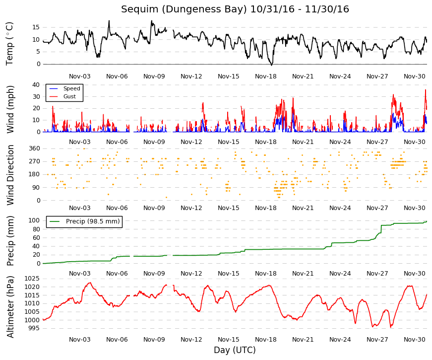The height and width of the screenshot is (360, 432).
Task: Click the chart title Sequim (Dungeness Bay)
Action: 184,9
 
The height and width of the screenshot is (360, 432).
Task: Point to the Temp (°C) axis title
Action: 9,44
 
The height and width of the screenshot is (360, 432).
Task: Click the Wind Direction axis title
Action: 10,175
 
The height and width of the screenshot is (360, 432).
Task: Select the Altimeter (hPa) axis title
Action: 10,307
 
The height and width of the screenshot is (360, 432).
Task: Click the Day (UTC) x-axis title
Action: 235,350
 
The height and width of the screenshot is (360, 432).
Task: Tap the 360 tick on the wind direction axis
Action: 34,148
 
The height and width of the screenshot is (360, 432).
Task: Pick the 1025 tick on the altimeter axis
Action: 32,279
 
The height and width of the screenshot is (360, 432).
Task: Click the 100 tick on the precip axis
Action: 34,220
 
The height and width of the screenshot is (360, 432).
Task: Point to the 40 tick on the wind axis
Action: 36,85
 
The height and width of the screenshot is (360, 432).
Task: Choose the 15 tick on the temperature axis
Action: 36,27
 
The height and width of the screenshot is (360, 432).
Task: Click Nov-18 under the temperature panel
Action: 265,76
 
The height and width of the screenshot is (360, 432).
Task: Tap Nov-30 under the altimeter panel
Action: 414,340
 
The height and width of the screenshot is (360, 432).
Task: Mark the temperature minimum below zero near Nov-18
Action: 272,65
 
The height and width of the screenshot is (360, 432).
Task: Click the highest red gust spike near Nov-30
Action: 426,90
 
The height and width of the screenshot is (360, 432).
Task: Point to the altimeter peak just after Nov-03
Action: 90,283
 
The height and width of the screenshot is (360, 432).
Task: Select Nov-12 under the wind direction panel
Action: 191,208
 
